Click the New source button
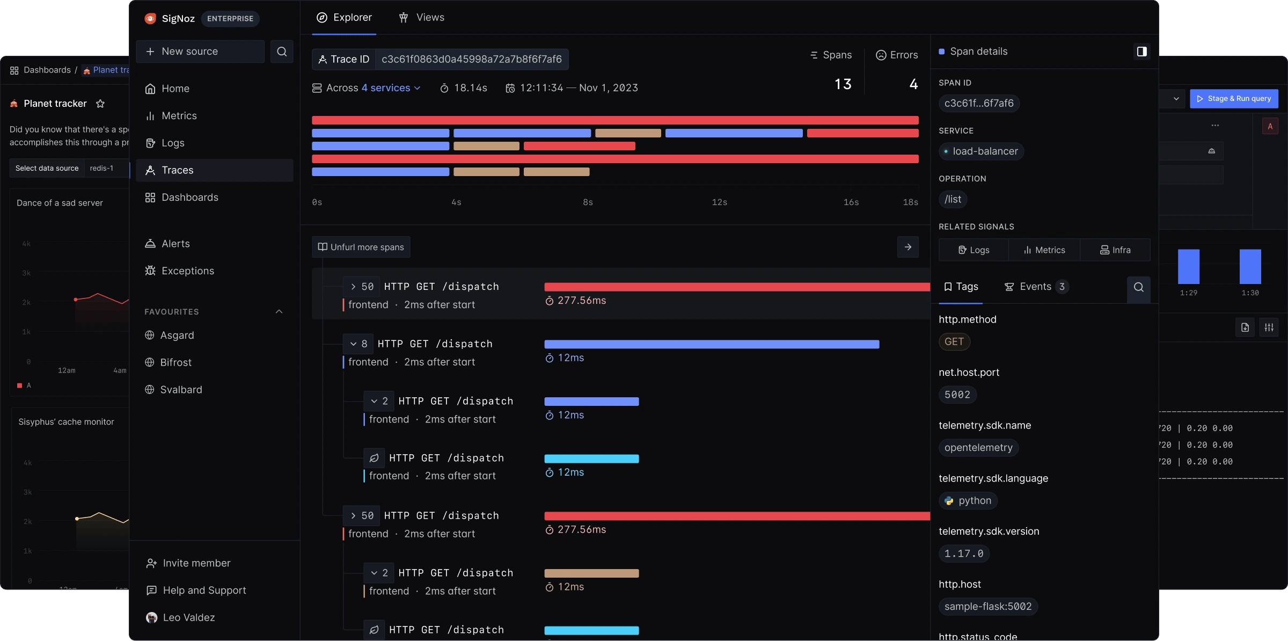200,52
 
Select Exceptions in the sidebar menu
187,271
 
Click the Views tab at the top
422,18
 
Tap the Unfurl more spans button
361,247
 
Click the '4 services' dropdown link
391,88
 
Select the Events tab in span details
1035,287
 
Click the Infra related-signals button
1115,250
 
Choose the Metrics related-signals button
1044,250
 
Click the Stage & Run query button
1234,99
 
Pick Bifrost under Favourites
175,362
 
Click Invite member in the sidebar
196,563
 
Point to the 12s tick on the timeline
719,202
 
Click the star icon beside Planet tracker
100,104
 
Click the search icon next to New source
282,52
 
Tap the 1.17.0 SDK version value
964,553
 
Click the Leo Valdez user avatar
152,618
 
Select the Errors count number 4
913,84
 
